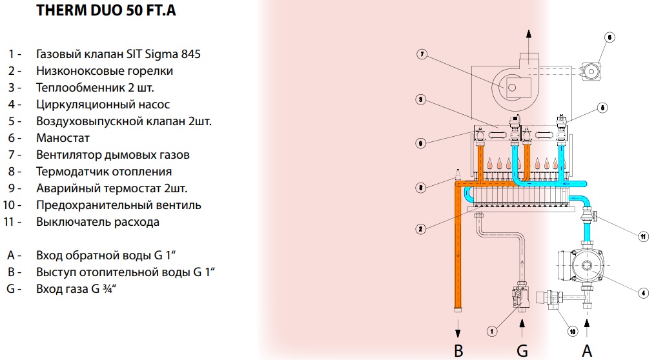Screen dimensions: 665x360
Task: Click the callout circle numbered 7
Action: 422,54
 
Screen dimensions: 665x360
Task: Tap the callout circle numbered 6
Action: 609,37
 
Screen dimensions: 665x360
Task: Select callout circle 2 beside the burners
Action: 420,229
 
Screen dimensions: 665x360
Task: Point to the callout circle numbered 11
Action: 643,236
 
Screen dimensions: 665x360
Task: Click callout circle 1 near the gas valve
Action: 492,331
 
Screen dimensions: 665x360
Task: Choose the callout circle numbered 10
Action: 573,331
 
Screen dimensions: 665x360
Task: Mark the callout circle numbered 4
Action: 643,292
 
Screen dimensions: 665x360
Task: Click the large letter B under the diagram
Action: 458,351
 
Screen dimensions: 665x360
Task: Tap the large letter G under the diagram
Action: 522,351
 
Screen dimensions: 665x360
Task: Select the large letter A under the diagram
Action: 587,351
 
